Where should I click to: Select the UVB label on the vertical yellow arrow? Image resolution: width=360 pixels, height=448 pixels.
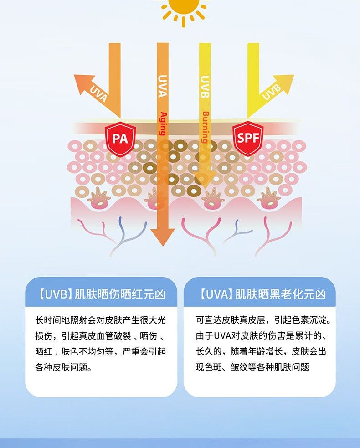(205, 87)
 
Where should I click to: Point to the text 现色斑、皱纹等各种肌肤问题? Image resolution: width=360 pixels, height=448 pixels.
(252, 367)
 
